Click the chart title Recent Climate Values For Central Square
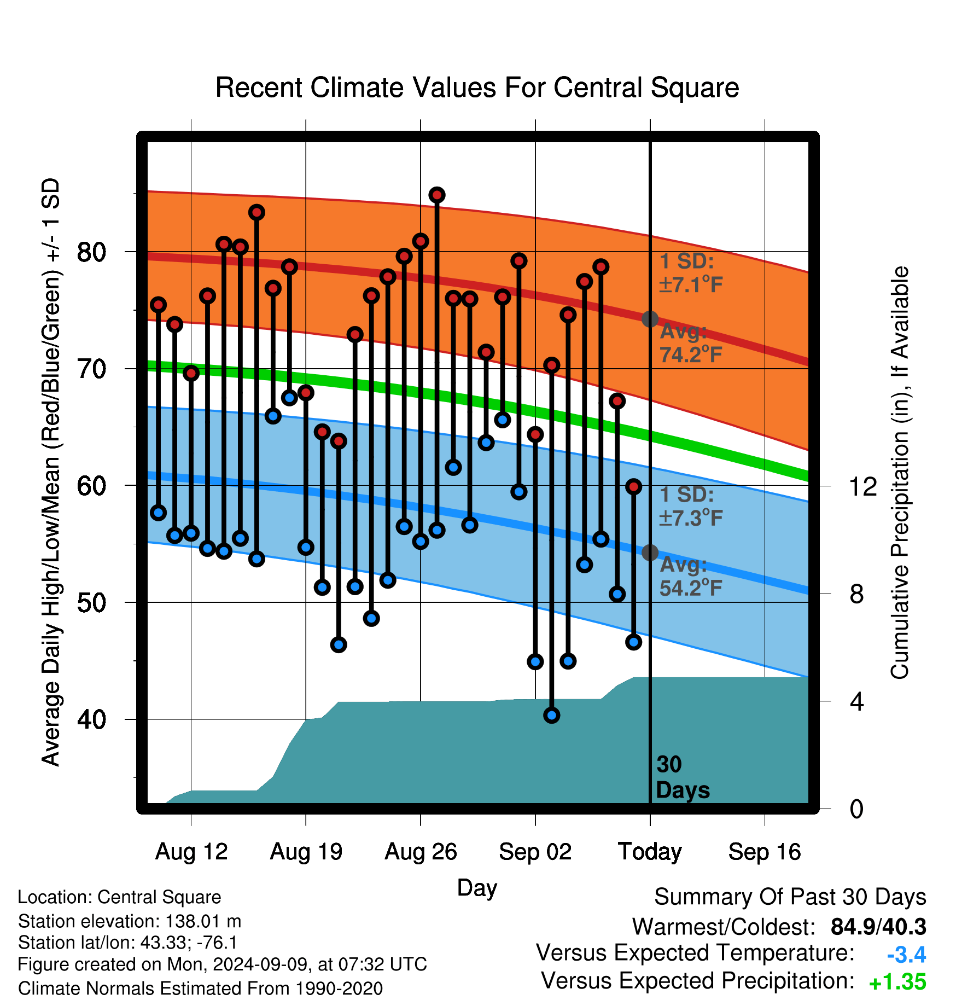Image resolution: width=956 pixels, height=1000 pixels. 477,88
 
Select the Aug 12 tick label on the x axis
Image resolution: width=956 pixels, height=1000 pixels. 191,852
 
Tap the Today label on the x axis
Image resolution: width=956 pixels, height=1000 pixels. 650,852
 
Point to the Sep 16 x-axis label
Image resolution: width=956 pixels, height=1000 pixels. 765,852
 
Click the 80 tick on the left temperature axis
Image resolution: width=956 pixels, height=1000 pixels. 91,252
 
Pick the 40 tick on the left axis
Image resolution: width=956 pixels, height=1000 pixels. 91,719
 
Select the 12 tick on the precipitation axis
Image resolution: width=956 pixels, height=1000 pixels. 863,486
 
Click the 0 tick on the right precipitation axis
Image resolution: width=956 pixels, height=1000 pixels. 856,809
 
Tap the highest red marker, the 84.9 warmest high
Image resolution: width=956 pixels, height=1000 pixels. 437,195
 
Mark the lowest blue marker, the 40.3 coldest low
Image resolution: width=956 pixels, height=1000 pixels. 552,715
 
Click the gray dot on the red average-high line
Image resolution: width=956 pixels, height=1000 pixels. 650,319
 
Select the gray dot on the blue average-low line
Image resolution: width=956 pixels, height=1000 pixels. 650,553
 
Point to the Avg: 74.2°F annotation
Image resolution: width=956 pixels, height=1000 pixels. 691,343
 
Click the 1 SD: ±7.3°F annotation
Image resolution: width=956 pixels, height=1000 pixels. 691,506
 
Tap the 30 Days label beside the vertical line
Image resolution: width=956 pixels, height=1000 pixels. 683,777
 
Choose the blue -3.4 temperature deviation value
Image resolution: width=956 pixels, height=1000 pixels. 906,955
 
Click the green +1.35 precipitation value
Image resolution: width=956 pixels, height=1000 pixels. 897,982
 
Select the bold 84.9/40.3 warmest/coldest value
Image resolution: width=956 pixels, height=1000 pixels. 878,927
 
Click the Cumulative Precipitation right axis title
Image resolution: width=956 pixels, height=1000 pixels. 900,473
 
